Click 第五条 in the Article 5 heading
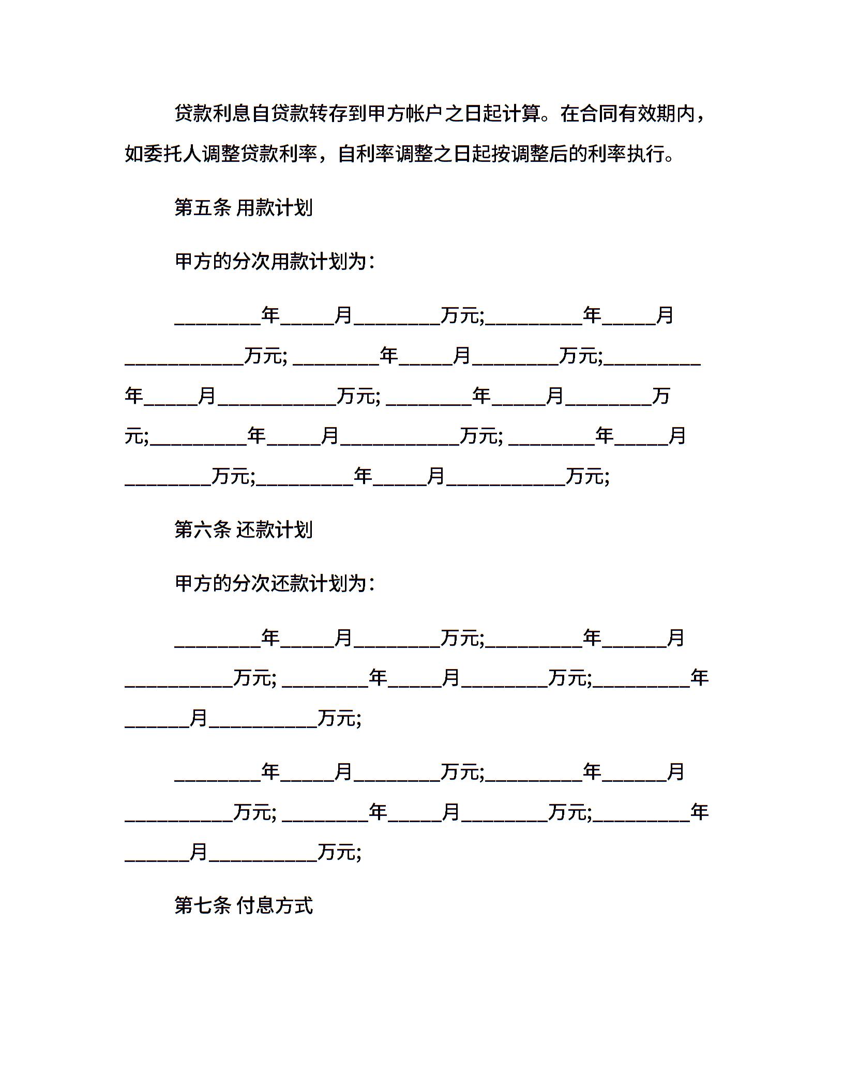pyautogui.click(x=202, y=208)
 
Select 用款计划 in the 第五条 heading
pyautogui.click(x=275, y=208)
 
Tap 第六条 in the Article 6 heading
pyautogui.click(x=202, y=530)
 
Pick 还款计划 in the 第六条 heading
pyautogui.click(x=275, y=530)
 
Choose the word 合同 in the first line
pyautogui.click(x=598, y=114)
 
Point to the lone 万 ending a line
pyautogui.click(x=661, y=396)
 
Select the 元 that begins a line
pyautogui.click(x=134, y=436)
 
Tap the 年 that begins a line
pyautogui.click(x=134, y=396)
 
